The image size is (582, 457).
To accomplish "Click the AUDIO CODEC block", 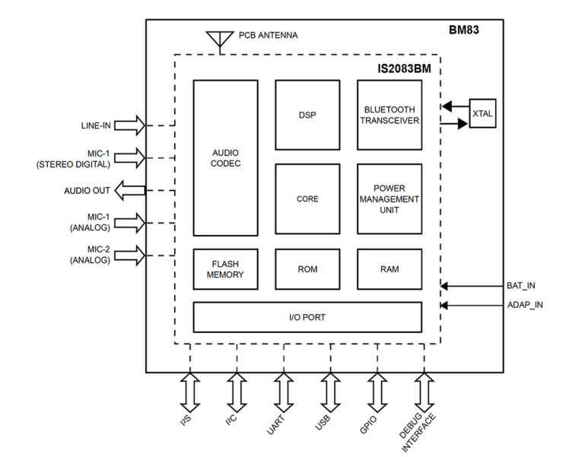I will (x=225, y=157).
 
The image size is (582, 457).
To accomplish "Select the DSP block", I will (x=307, y=116).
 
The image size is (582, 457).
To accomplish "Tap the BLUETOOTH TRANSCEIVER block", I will (x=390, y=116).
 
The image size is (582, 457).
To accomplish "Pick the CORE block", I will (x=307, y=199).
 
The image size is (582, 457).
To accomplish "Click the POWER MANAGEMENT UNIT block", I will (x=390, y=199).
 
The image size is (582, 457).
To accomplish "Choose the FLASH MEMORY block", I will (x=225, y=269).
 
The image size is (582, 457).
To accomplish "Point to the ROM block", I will (x=307, y=269).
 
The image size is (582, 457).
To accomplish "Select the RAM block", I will (x=390, y=269).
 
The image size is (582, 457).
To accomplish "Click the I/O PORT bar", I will (x=307, y=317).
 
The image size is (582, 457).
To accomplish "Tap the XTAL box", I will (x=482, y=113).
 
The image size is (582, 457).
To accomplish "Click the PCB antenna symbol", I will (x=218, y=39).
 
